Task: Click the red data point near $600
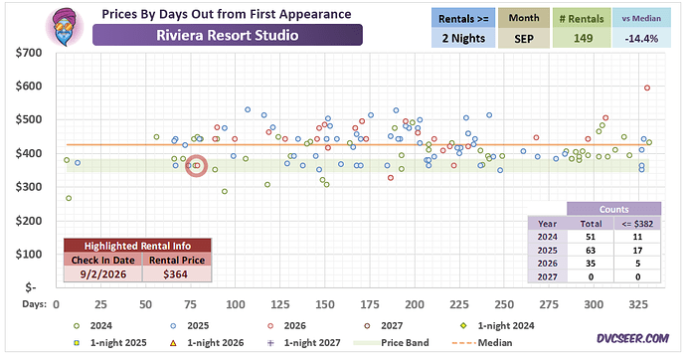click(647, 88)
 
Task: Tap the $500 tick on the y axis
click(29, 119)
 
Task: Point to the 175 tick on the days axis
click(370, 304)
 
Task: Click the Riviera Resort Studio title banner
click(228, 35)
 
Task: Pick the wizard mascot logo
click(65, 26)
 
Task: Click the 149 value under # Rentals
click(583, 39)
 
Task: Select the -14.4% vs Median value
click(641, 39)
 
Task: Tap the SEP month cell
click(524, 39)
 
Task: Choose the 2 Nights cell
click(463, 39)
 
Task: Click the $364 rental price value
click(175, 274)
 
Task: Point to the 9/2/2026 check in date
click(103, 274)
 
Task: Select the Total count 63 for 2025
click(591, 251)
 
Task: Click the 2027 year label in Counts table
click(548, 276)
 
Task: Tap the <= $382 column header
click(637, 224)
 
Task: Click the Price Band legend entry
click(392, 343)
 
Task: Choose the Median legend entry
click(482, 343)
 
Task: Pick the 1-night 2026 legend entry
click(207, 343)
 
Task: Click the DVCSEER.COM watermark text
click(632, 338)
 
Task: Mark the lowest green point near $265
click(69, 198)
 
